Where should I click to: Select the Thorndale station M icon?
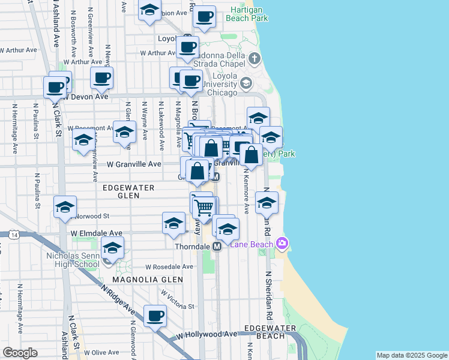(x=217, y=247)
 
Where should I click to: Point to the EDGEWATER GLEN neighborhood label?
(x=128, y=188)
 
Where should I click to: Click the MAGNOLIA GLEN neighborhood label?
(x=138, y=280)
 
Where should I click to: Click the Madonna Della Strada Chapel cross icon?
(x=255, y=59)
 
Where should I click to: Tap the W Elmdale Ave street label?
(x=96, y=233)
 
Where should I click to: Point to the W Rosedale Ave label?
(x=169, y=266)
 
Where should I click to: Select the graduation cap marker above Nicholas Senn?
(x=112, y=247)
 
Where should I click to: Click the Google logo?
(x=20, y=353)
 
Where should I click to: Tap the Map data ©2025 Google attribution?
(x=412, y=355)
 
